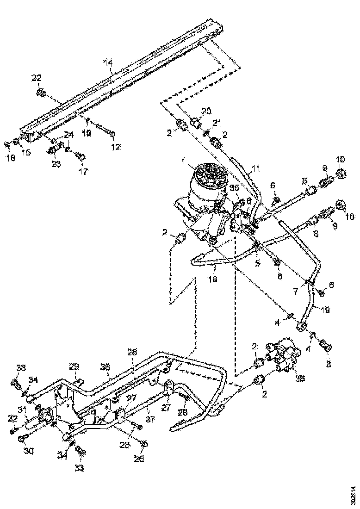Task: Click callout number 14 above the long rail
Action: tap(108, 62)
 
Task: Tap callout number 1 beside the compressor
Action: tap(184, 161)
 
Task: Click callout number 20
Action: tap(206, 112)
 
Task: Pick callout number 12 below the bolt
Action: tap(114, 147)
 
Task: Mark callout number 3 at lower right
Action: tap(329, 364)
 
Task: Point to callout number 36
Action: tap(106, 367)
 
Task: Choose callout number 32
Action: tap(12, 419)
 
